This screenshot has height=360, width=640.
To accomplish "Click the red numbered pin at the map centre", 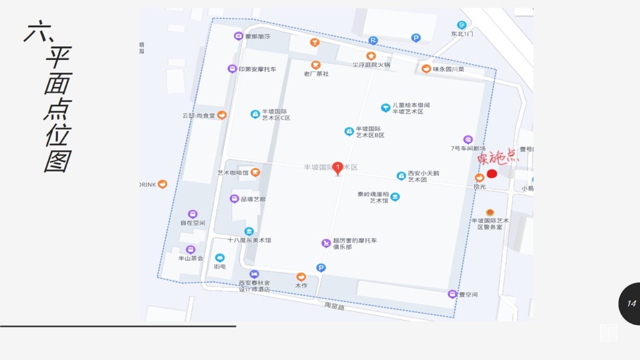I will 337,168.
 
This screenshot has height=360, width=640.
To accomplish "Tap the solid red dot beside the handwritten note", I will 492,174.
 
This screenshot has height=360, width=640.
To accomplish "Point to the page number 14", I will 631,303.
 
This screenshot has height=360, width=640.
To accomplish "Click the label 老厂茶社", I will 316,74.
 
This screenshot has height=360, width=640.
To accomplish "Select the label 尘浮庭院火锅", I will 371,65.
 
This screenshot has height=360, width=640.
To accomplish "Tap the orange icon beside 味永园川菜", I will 426,69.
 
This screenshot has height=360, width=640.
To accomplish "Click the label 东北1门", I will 462,34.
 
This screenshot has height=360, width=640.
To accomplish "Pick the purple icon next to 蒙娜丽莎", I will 239,36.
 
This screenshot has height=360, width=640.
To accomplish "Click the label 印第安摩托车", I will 257,69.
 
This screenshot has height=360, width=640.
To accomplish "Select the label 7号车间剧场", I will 468,148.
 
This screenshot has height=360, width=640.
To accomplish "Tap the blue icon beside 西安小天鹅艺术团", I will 401,176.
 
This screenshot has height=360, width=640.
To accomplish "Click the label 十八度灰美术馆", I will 249,240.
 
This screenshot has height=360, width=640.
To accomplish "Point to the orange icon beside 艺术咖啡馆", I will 255,172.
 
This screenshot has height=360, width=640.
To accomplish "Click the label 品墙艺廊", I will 253,199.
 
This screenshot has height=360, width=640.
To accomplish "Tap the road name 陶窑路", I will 334,306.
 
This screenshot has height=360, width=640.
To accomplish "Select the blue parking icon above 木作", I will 321,268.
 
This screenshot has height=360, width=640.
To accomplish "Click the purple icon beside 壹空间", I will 452,294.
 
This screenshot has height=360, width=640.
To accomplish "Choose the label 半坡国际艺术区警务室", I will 490,224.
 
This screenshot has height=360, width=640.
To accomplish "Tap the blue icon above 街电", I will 220,258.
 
